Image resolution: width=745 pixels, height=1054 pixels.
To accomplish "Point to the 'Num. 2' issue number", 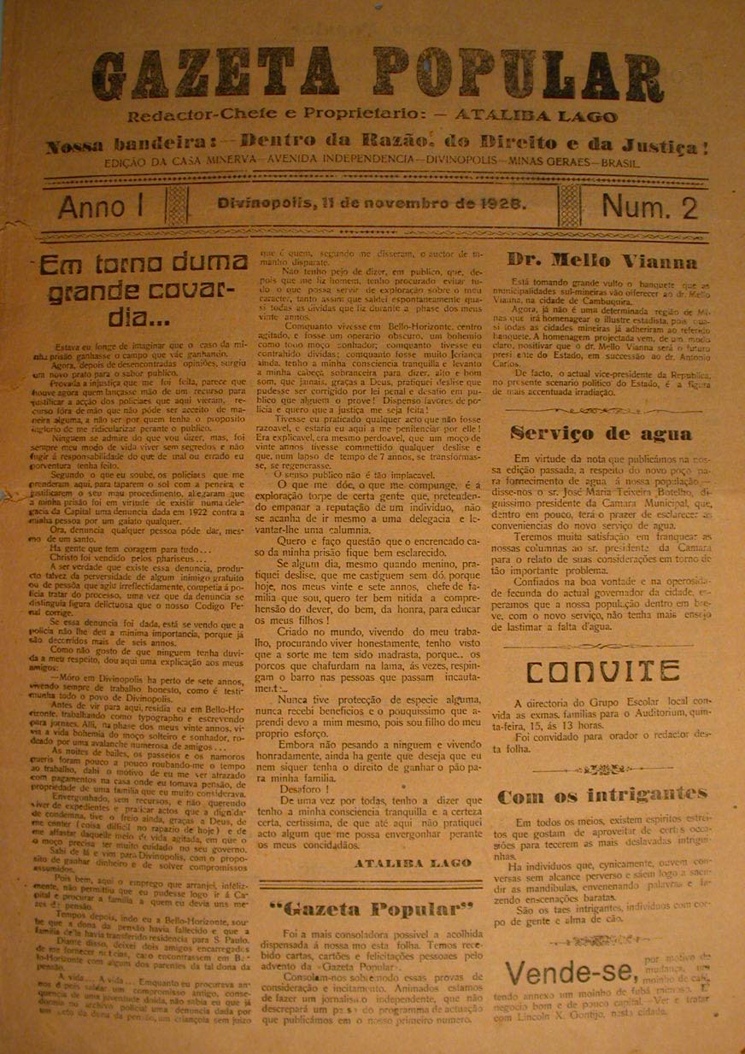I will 649,208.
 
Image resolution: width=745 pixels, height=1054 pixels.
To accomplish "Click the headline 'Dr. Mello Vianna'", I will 601,261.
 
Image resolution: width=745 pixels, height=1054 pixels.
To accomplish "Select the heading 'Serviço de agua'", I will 601,434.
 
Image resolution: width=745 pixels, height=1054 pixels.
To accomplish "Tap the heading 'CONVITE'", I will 602,672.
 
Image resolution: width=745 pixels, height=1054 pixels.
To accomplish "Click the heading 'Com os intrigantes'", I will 602,797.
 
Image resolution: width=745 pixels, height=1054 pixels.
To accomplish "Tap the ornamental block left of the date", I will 177,206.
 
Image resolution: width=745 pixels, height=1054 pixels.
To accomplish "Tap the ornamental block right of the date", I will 569,206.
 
